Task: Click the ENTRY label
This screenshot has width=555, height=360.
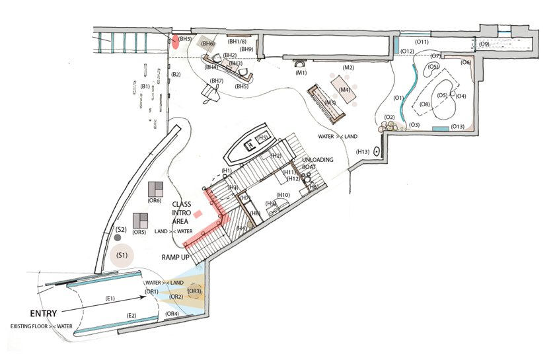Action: point(43,314)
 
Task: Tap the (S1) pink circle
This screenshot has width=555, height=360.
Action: point(122,255)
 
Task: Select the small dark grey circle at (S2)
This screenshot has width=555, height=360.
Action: point(118,238)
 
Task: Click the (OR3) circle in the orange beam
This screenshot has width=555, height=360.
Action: point(195,292)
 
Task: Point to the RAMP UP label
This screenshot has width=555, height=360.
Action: point(176,258)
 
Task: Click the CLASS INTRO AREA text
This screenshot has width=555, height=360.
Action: point(182,213)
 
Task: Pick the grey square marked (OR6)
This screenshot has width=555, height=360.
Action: point(156,190)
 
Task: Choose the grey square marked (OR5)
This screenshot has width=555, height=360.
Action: point(141,221)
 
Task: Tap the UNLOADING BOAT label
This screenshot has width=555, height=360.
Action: point(318,163)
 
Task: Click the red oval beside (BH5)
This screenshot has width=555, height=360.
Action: point(175,42)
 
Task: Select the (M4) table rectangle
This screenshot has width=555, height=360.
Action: point(344,89)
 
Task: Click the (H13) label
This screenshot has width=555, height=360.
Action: point(363,152)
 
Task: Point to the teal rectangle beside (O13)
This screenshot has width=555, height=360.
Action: point(441,129)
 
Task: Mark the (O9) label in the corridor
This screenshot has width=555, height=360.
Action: point(484,44)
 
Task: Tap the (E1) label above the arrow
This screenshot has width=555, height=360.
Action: point(110,299)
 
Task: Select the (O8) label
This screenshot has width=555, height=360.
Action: point(425,104)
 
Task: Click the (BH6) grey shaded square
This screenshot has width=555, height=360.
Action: point(207,44)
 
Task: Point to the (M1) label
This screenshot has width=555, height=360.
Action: point(301,73)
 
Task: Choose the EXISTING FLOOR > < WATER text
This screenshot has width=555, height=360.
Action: point(41,326)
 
